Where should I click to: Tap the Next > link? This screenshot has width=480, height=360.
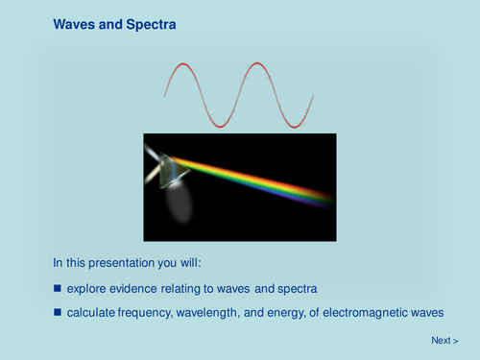[444, 340]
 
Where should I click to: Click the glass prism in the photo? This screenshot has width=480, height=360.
[171, 170]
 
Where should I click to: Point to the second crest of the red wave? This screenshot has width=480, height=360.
[254, 65]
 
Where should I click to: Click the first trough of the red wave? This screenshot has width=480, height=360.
[219, 125]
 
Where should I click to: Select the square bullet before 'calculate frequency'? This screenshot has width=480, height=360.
[57, 312]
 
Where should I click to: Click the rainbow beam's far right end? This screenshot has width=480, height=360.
[328, 199]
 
